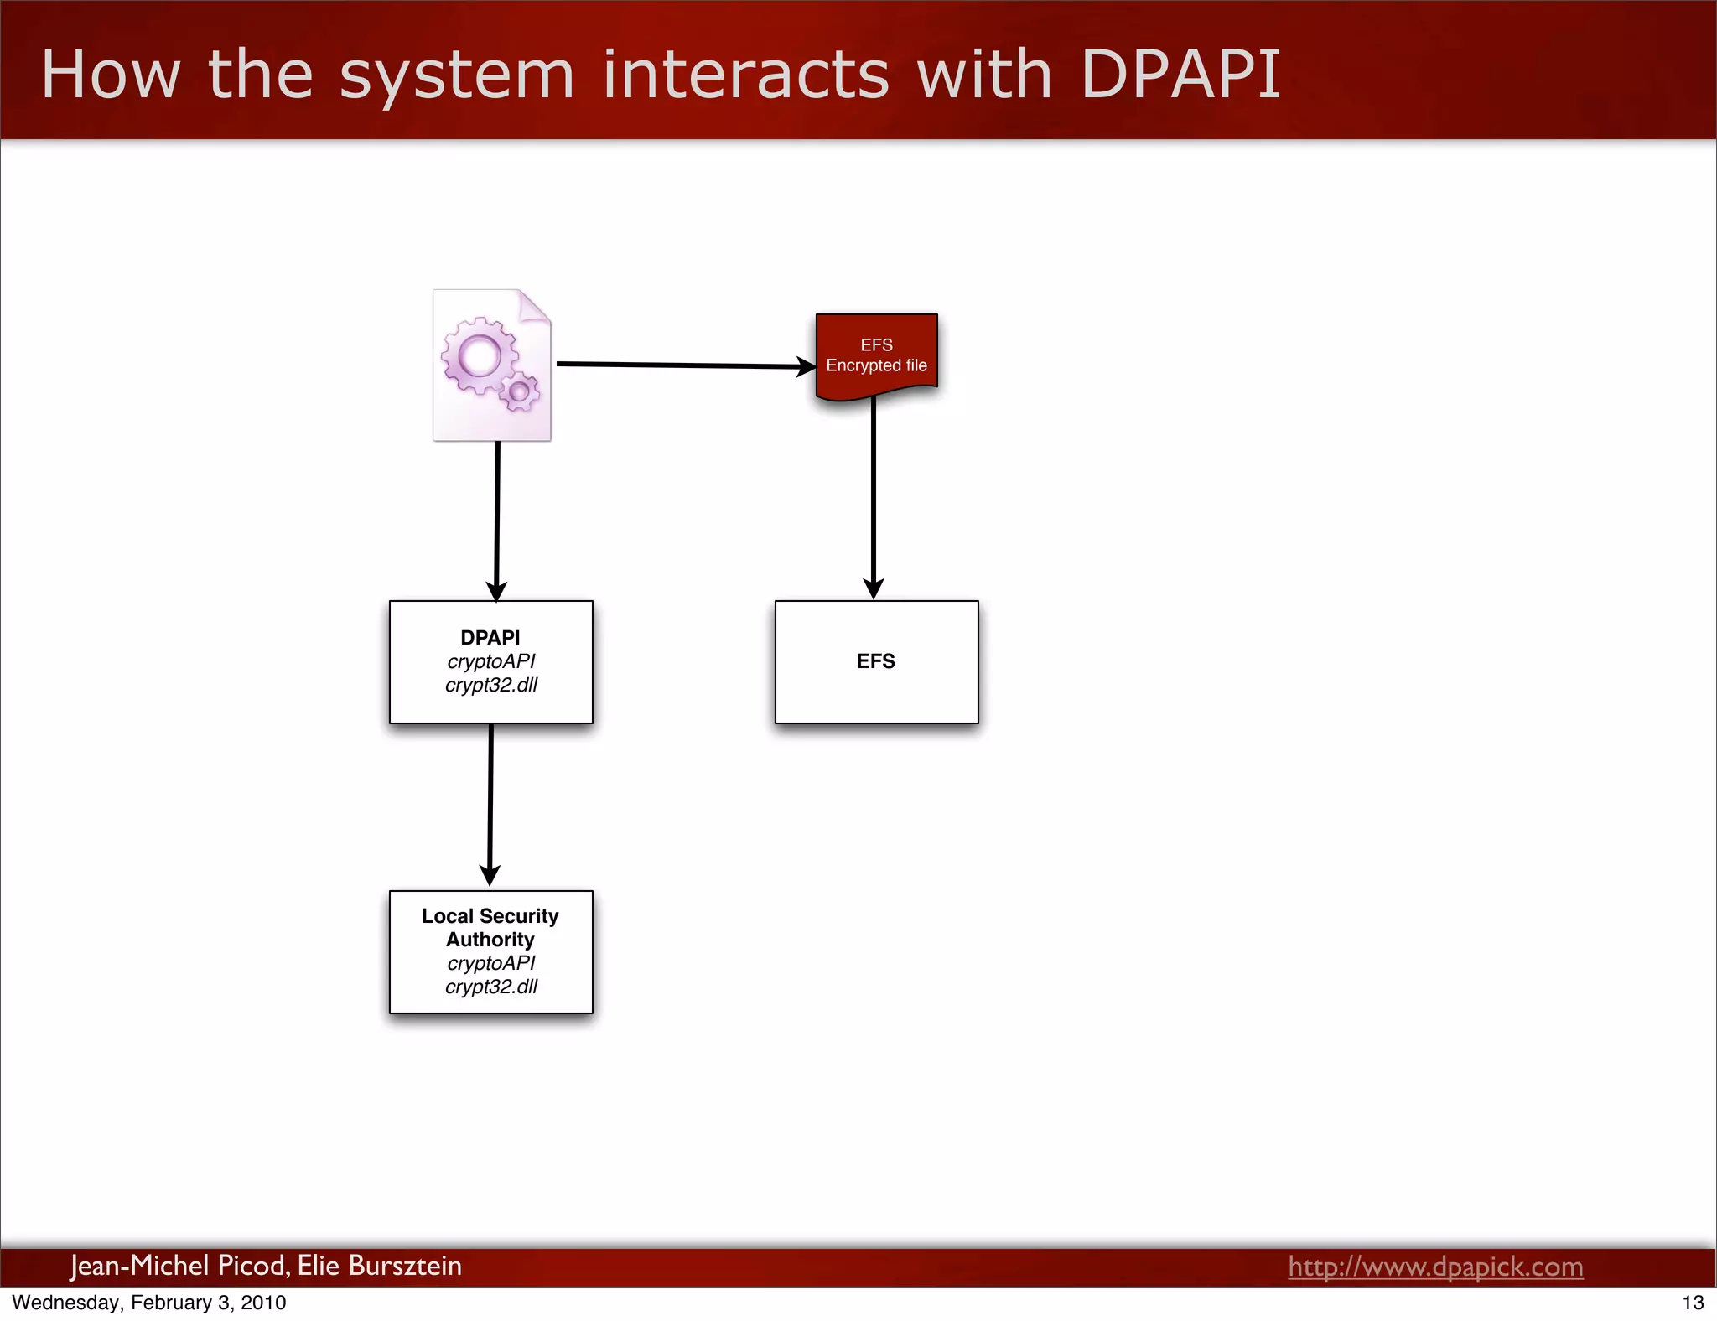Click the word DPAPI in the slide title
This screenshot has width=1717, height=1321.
[x=1180, y=75]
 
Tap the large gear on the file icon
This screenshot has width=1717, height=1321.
[x=480, y=356]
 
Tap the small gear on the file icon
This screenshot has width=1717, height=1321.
[x=520, y=391]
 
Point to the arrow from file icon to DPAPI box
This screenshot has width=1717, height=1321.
[x=497, y=520]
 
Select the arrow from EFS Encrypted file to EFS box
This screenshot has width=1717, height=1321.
[x=874, y=499]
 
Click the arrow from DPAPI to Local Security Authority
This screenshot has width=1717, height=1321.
[x=490, y=805]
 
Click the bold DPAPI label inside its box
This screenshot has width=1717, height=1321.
[x=490, y=638]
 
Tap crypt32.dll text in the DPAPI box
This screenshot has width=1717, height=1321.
[x=491, y=685]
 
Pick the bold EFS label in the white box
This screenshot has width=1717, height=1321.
[x=876, y=661]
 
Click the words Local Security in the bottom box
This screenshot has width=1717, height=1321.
[x=490, y=916]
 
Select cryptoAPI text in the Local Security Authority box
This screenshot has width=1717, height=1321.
[x=491, y=963]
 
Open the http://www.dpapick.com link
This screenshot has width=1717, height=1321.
[x=1435, y=1267]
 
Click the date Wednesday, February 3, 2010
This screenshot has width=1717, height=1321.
[x=149, y=1303]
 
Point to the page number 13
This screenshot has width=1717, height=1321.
[x=1693, y=1303]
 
